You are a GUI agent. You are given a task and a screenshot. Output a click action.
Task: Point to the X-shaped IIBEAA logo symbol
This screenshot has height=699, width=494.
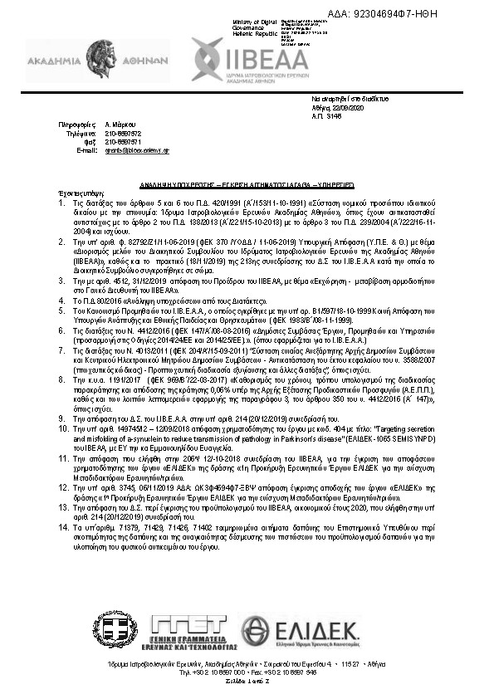[x=205, y=57]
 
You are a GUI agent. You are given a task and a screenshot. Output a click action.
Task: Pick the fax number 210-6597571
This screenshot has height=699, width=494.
[x=124, y=141]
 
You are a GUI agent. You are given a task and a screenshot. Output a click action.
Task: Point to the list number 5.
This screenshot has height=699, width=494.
[x=60, y=309]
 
